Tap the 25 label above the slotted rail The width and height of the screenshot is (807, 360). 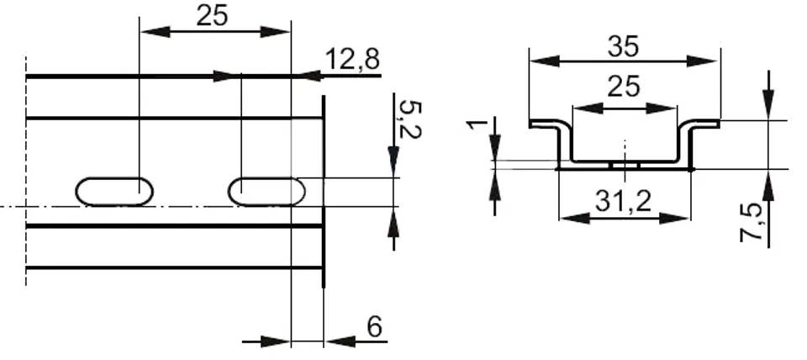pyautogui.click(x=212, y=16)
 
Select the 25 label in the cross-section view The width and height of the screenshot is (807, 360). pyautogui.click(x=624, y=87)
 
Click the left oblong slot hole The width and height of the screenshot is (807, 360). pyautogui.click(x=115, y=190)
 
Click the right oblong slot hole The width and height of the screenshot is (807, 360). pyautogui.click(x=267, y=190)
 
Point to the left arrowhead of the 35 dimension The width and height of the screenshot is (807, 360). pyautogui.click(x=538, y=61)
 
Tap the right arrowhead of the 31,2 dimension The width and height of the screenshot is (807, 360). pyautogui.click(x=682, y=217)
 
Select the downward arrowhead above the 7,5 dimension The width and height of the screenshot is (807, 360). pyautogui.click(x=769, y=109)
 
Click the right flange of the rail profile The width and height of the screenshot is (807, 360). pyautogui.click(x=704, y=124)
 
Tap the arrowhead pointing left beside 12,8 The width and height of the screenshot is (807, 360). pyautogui.click(x=309, y=76)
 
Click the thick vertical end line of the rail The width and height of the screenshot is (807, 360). pyautogui.click(x=324, y=193)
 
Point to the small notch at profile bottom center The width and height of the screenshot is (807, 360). pyautogui.click(x=625, y=165)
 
